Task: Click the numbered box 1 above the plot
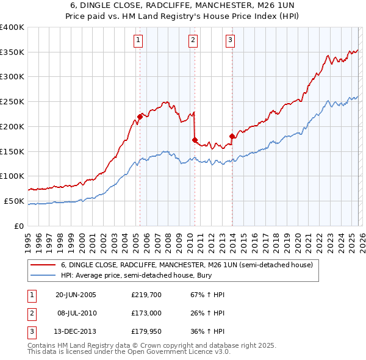coord(138,41)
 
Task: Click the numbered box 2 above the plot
coord(193,41)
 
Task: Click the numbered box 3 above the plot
coord(231,41)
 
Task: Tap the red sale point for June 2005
coord(140,116)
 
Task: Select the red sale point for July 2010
coord(195,140)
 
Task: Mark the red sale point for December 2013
coord(232,136)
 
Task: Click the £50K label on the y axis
coord(14,201)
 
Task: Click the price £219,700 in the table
coord(145,295)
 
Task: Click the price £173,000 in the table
coord(145,313)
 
